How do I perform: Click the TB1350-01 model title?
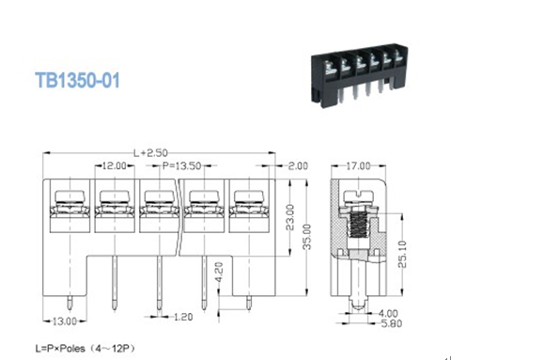coord(77,82)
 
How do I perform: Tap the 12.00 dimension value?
coord(115,164)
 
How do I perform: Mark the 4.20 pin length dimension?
coord(219,276)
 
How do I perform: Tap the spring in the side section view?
coord(358,230)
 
